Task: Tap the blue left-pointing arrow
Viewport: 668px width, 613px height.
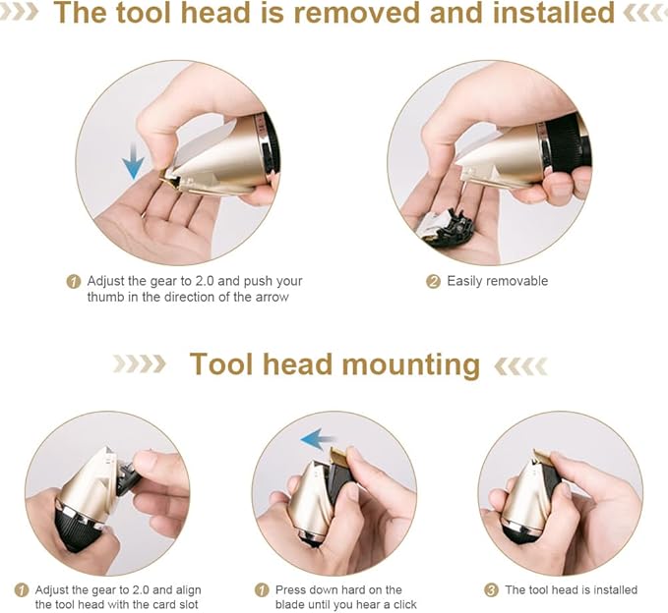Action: point(319,439)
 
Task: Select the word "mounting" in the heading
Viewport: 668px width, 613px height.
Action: point(410,365)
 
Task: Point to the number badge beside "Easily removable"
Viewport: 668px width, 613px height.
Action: point(433,282)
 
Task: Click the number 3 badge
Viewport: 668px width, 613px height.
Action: point(491,590)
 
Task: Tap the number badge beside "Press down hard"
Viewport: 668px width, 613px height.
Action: point(262,590)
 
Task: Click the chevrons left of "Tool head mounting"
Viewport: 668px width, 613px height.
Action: point(140,364)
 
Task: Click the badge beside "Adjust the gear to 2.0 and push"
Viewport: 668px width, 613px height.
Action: point(74,282)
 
